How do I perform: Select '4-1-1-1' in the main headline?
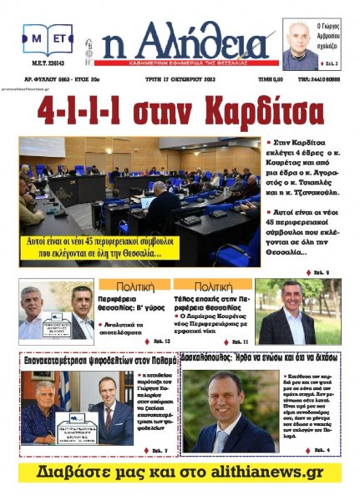pyautogui.click(x=89, y=111)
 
